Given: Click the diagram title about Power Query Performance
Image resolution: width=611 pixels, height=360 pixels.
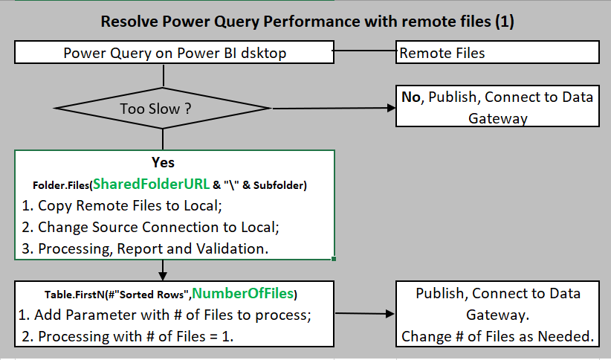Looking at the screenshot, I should (308, 22).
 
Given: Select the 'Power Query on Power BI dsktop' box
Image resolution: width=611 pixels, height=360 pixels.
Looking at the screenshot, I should (175, 53).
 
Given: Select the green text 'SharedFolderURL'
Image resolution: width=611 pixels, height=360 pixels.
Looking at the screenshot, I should (151, 184).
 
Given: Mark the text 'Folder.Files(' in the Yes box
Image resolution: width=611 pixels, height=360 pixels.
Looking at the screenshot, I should (62, 184).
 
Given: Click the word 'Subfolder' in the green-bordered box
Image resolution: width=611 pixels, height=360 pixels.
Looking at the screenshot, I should (282, 184).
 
